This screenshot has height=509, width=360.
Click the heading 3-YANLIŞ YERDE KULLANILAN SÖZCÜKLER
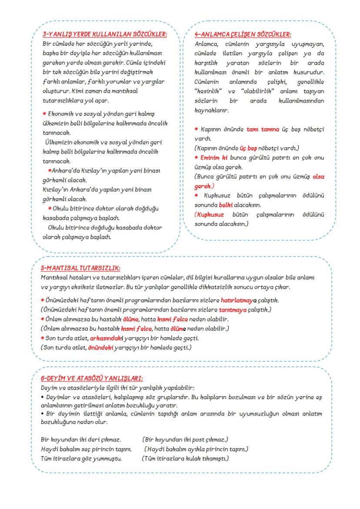(105, 34)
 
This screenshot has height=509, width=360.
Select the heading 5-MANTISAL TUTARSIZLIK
(80, 268)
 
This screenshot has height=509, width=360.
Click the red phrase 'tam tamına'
(262, 130)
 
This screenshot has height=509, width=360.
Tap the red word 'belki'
(226, 205)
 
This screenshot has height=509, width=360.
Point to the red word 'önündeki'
(100, 347)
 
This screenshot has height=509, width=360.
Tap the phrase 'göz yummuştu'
(104, 458)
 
